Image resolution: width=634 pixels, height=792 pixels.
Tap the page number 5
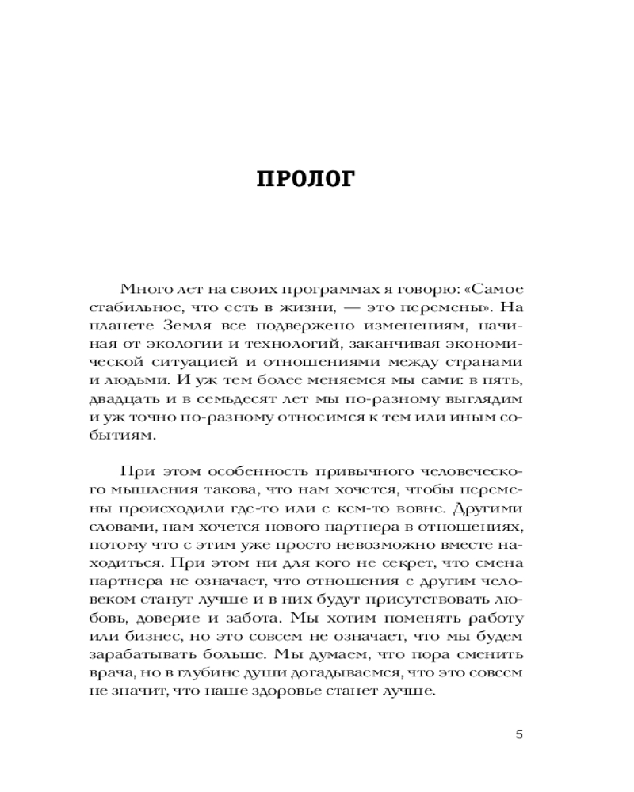coord(519,733)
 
